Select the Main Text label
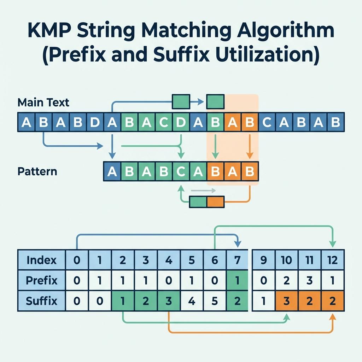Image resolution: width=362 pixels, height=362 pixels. pyautogui.click(x=43, y=103)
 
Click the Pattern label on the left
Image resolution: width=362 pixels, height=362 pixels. pyautogui.click(x=37, y=172)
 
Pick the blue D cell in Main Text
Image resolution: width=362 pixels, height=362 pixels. pyautogui.click(x=95, y=122)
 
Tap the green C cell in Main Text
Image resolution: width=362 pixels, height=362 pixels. pyautogui.click(x=164, y=122)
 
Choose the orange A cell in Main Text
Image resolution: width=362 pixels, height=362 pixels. pyautogui.click(x=233, y=122)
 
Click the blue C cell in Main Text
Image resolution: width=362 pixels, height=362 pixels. pyautogui.click(x=267, y=122)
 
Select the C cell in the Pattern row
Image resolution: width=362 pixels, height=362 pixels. pyautogui.click(x=181, y=171)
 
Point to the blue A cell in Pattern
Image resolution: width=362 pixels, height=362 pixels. pyautogui.click(x=112, y=171)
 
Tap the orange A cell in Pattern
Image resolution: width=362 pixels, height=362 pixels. pyautogui.click(x=233, y=171)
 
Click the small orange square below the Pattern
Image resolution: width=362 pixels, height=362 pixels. pyautogui.click(x=216, y=202)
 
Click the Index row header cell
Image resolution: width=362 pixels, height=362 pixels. pyautogui.click(x=42, y=261)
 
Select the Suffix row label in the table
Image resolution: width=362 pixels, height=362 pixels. pyautogui.click(x=42, y=301)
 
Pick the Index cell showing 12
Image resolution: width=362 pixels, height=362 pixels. pyautogui.click(x=332, y=261)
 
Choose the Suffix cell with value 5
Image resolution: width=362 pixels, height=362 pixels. pyautogui.click(x=215, y=301)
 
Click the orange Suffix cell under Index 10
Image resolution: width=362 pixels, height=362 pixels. pyautogui.click(x=286, y=301)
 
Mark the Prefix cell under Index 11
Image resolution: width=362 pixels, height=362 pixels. pyautogui.click(x=309, y=281)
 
